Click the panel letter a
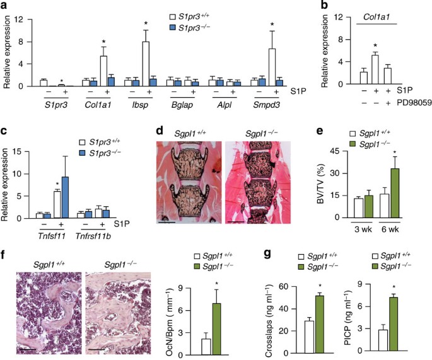coord(5,6)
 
